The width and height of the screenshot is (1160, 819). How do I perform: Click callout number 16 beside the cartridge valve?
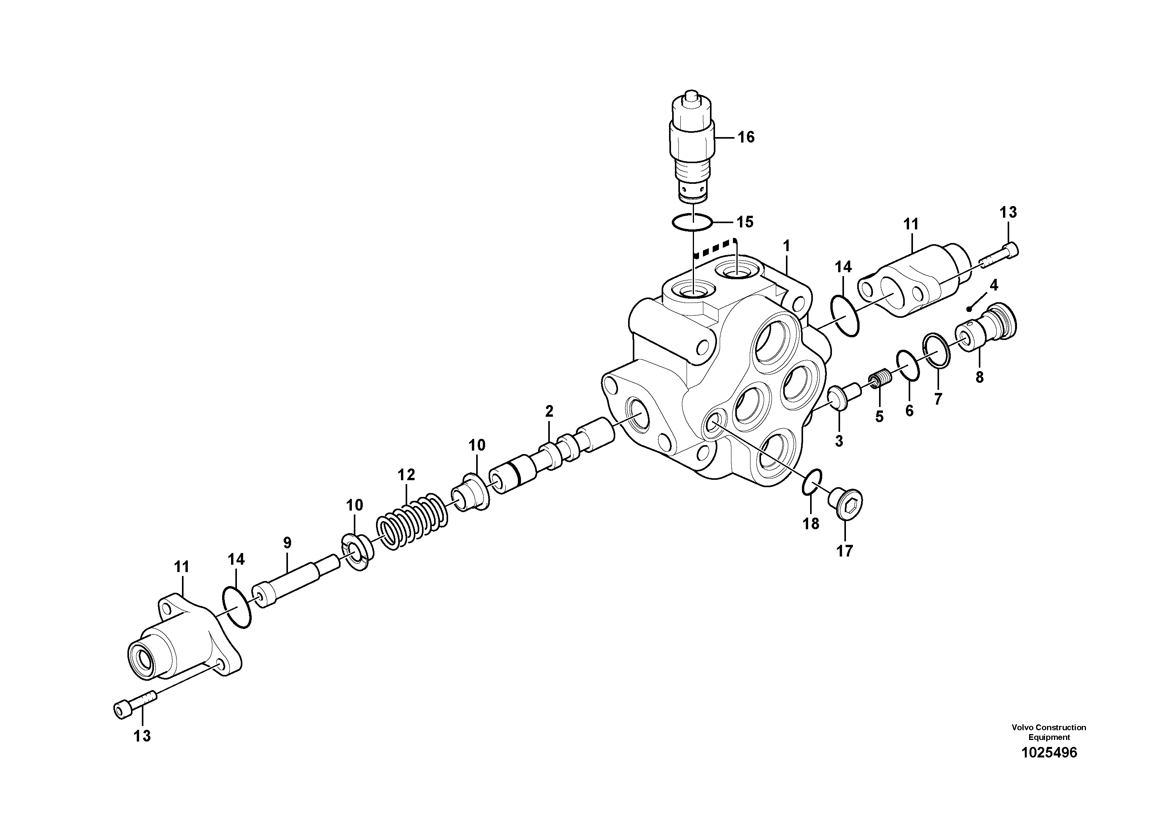point(746,137)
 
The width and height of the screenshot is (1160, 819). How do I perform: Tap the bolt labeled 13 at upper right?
point(1000,255)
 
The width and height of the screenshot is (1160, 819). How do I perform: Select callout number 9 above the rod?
point(287,543)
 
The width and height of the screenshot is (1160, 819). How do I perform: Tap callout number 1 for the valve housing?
point(786,247)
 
